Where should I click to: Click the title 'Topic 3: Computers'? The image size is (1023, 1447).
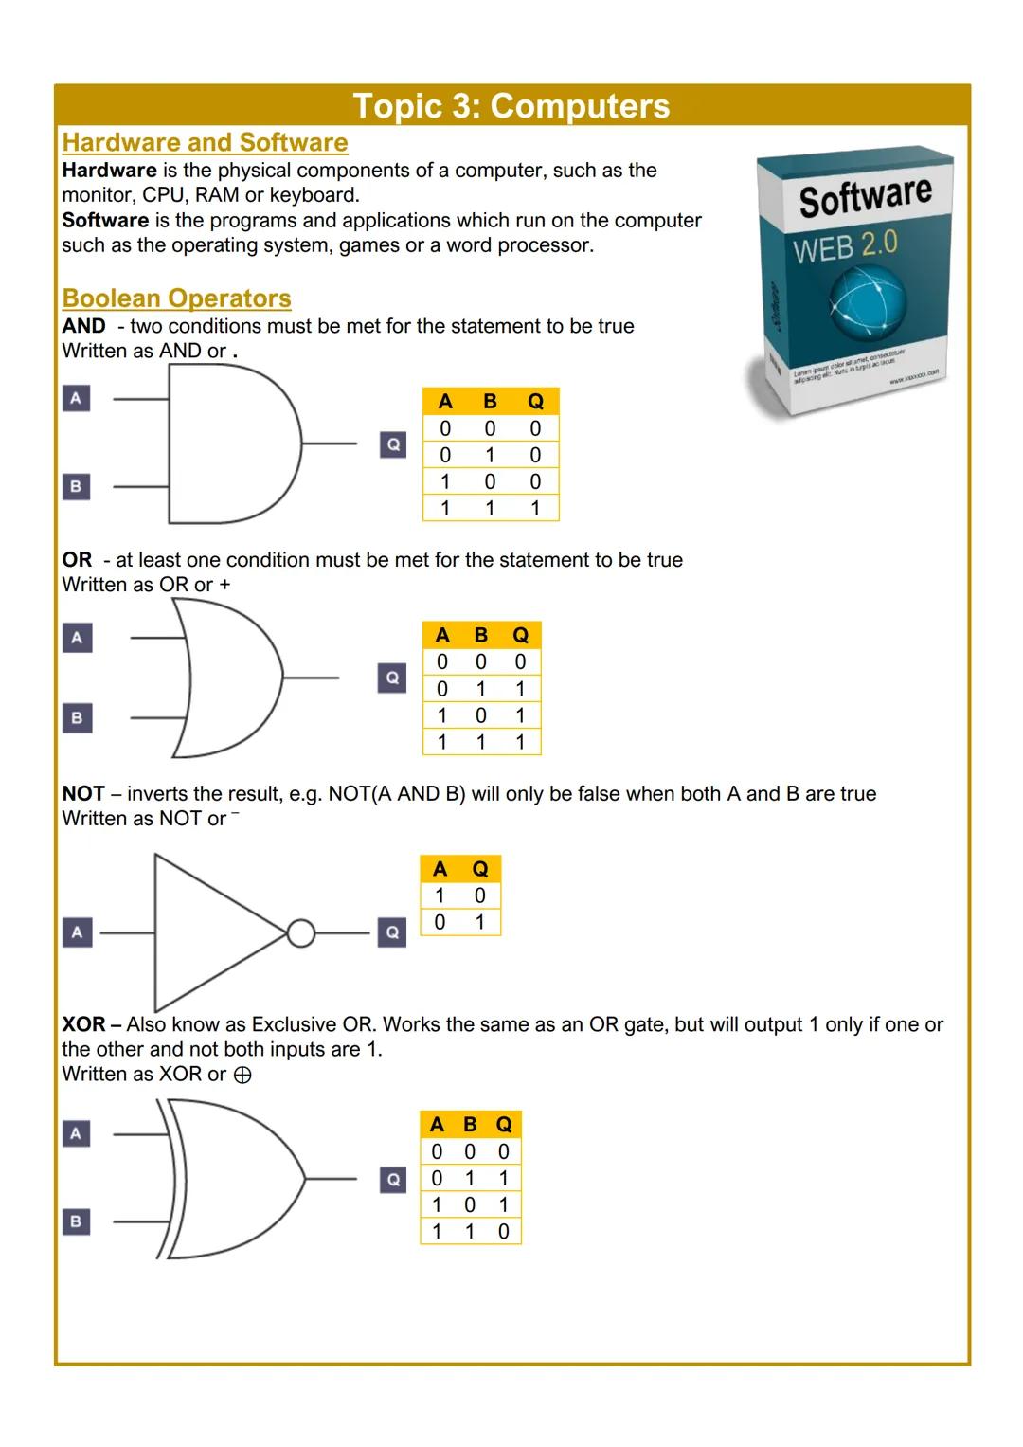(x=511, y=106)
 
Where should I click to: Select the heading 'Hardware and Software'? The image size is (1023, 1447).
(x=205, y=142)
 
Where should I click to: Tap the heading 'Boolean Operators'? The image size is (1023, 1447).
(x=176, y=298)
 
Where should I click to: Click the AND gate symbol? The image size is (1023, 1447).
(x=232, y=443)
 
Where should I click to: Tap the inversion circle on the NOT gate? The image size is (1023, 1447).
(x=300, y=933)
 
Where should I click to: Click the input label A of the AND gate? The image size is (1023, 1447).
(x=77, y=398)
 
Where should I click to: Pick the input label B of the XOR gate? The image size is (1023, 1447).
(x=77, y=1221)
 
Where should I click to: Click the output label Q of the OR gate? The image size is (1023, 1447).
(x=392, y=678)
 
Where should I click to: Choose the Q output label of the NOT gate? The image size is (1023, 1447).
(x=392, y=932)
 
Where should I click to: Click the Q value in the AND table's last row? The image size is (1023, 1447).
(x=535, y=508)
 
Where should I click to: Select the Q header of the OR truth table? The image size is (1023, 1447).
(x=520, y=635)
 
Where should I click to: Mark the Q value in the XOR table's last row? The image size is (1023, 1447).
(x=503, y=1231)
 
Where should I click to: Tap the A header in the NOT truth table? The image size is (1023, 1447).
(x=440, y=869)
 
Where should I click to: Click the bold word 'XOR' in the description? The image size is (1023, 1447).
(x=83, y=1024)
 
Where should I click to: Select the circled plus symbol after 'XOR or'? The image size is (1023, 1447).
(x=242, y=1075)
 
